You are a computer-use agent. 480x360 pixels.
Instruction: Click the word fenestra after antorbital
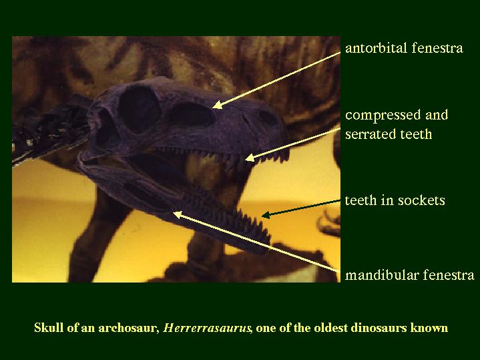click(437, 48)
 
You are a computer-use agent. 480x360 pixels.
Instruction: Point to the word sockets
click(421, 200)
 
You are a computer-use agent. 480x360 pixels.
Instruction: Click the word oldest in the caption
click(328, 327)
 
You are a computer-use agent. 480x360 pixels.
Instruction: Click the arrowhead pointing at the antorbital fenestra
click(217, 105)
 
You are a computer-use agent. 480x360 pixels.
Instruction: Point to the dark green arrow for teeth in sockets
click(301, 208)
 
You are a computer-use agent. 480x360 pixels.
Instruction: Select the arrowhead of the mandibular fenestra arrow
click(178, 215)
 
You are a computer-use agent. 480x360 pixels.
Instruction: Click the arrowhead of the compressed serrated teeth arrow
click(250, 158)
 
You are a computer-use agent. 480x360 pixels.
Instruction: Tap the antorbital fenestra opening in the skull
click(192, 115)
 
